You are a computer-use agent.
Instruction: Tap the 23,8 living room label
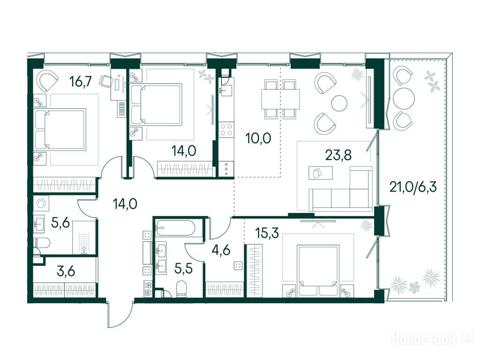[338, 155]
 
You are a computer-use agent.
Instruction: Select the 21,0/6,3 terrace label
[412, 187]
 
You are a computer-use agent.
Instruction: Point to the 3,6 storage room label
[66, 271]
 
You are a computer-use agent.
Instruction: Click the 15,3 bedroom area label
[267, 233]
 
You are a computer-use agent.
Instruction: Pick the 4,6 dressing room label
[221, 250]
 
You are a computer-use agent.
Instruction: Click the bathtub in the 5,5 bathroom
[174, 228]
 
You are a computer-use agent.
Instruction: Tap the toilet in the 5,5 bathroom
[182, 289]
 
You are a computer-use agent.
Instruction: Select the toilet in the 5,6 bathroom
[43, 243]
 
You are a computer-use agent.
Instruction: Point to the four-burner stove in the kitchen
[226, 129]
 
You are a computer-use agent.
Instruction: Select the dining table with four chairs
[281, 99]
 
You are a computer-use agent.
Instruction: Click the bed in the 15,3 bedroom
[319, 271]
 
